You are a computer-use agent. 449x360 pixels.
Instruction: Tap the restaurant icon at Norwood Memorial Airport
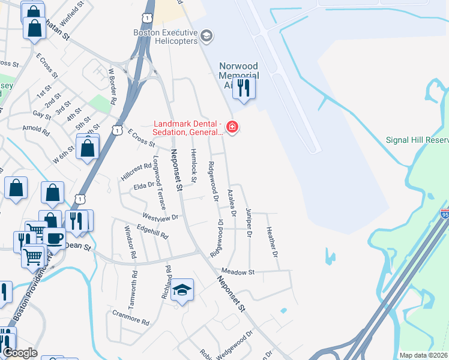pos(244,88)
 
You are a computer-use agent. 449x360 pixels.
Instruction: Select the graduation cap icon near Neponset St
pos(182,291)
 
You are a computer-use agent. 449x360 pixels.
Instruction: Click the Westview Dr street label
pos(160,217)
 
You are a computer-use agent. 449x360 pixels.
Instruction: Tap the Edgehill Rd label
pos(152,232)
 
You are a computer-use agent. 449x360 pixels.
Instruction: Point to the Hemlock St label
pos(193,165)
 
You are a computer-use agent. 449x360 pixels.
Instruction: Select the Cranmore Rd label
pos(131,317)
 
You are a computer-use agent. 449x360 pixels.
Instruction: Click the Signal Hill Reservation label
pos(417,140)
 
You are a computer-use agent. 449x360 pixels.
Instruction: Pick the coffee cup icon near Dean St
pos(54,237)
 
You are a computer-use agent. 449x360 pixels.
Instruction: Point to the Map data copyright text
pos(424,355)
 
